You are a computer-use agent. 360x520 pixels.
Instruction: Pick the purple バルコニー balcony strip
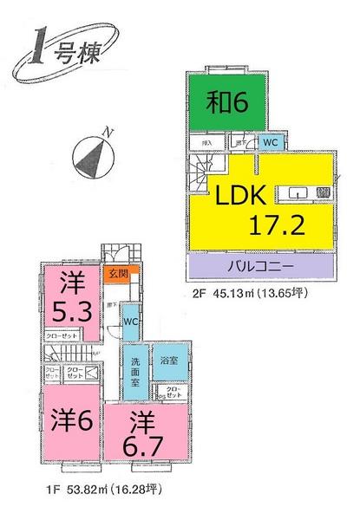click(x=261, y=263)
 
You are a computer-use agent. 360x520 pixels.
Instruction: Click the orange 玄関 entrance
click(x=116, y=275)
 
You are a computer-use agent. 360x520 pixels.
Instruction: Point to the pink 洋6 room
click(x=70, y=426)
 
